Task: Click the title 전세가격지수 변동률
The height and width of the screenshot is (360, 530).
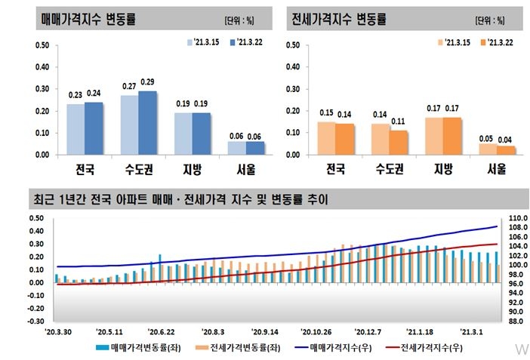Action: click(345, 18)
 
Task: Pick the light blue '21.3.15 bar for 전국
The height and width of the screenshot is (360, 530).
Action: click(75, 129)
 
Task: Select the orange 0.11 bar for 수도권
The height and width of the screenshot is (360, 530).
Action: click(399, 143)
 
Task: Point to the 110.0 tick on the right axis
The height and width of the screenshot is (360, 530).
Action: click(516, 219)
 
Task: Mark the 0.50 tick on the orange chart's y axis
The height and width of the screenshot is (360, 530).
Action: click(296, 45)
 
